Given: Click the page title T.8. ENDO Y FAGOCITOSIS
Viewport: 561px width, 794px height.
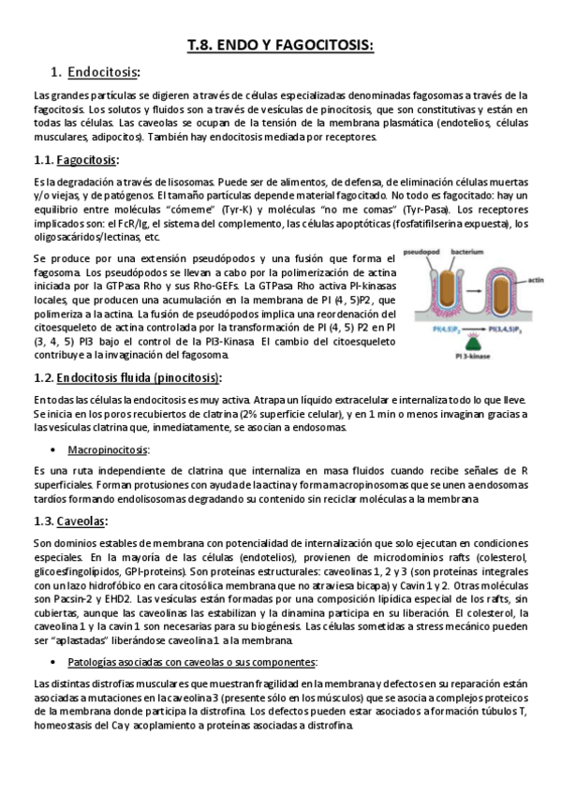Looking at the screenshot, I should pos(280,44).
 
